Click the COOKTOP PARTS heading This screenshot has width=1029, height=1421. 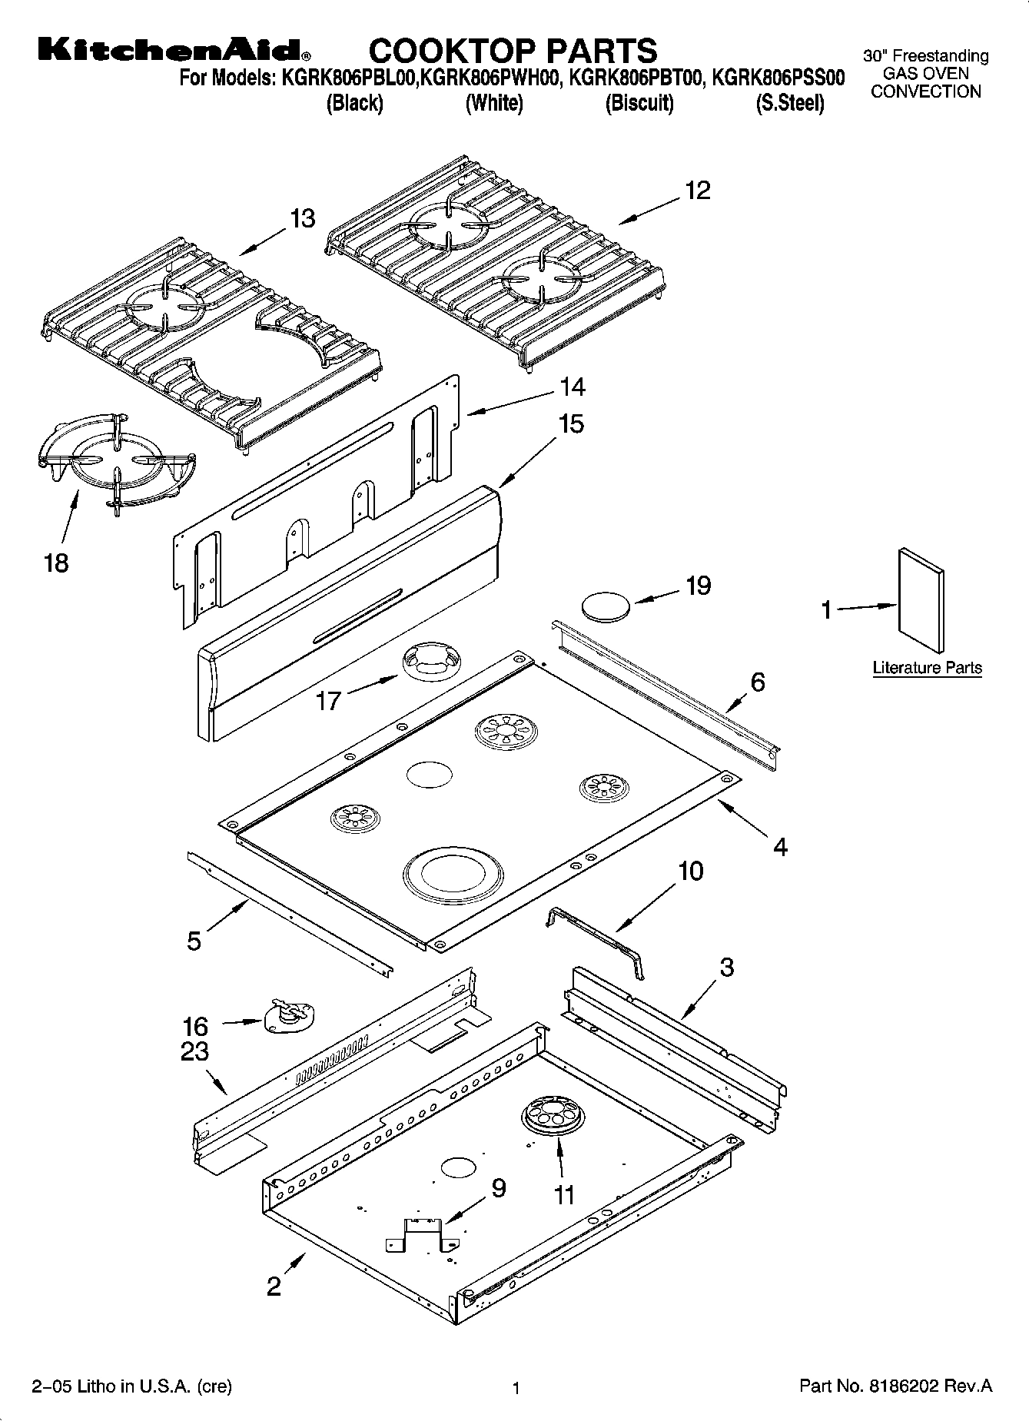513,51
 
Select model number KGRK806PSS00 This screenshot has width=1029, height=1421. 778,78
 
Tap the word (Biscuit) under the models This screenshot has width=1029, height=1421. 639,103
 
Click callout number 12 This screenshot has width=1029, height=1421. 697,190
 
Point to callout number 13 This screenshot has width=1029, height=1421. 303,218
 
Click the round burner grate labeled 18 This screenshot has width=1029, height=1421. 115,464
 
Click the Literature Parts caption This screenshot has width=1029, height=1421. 927,668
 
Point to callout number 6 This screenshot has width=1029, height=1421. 758,682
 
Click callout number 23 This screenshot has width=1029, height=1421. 194,1051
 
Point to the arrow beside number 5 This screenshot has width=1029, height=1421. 226,916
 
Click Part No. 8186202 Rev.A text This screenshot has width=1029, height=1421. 895,1386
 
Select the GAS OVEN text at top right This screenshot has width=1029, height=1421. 925,74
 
